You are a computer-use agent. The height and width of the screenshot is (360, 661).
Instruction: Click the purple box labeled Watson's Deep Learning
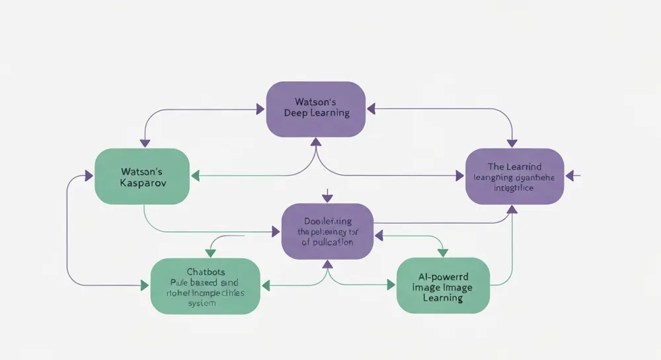[315, 109]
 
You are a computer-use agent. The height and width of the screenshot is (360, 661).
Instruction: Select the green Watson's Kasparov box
[142, 176]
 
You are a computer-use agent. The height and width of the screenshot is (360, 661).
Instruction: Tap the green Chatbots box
[206, 286]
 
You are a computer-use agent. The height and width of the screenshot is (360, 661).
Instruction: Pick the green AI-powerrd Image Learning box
[443, 285]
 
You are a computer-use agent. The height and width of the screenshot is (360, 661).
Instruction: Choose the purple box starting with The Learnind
[514, 176]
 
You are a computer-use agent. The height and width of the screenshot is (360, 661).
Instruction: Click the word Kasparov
[141, 182]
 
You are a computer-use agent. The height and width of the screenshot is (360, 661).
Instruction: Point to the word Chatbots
[206, 271]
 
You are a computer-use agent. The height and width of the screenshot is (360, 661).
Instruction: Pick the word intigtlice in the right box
[514, 188]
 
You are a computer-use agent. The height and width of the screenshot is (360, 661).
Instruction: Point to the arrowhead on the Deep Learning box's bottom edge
[316, 141]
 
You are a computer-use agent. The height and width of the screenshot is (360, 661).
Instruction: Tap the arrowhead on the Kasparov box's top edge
[142, 143]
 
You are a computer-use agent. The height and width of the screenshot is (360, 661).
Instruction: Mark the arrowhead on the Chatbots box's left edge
[145, 286]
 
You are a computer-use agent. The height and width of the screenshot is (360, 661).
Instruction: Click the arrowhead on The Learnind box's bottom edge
[512, 209]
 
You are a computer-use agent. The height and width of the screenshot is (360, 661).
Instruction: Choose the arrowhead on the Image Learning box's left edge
[391, 286]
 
